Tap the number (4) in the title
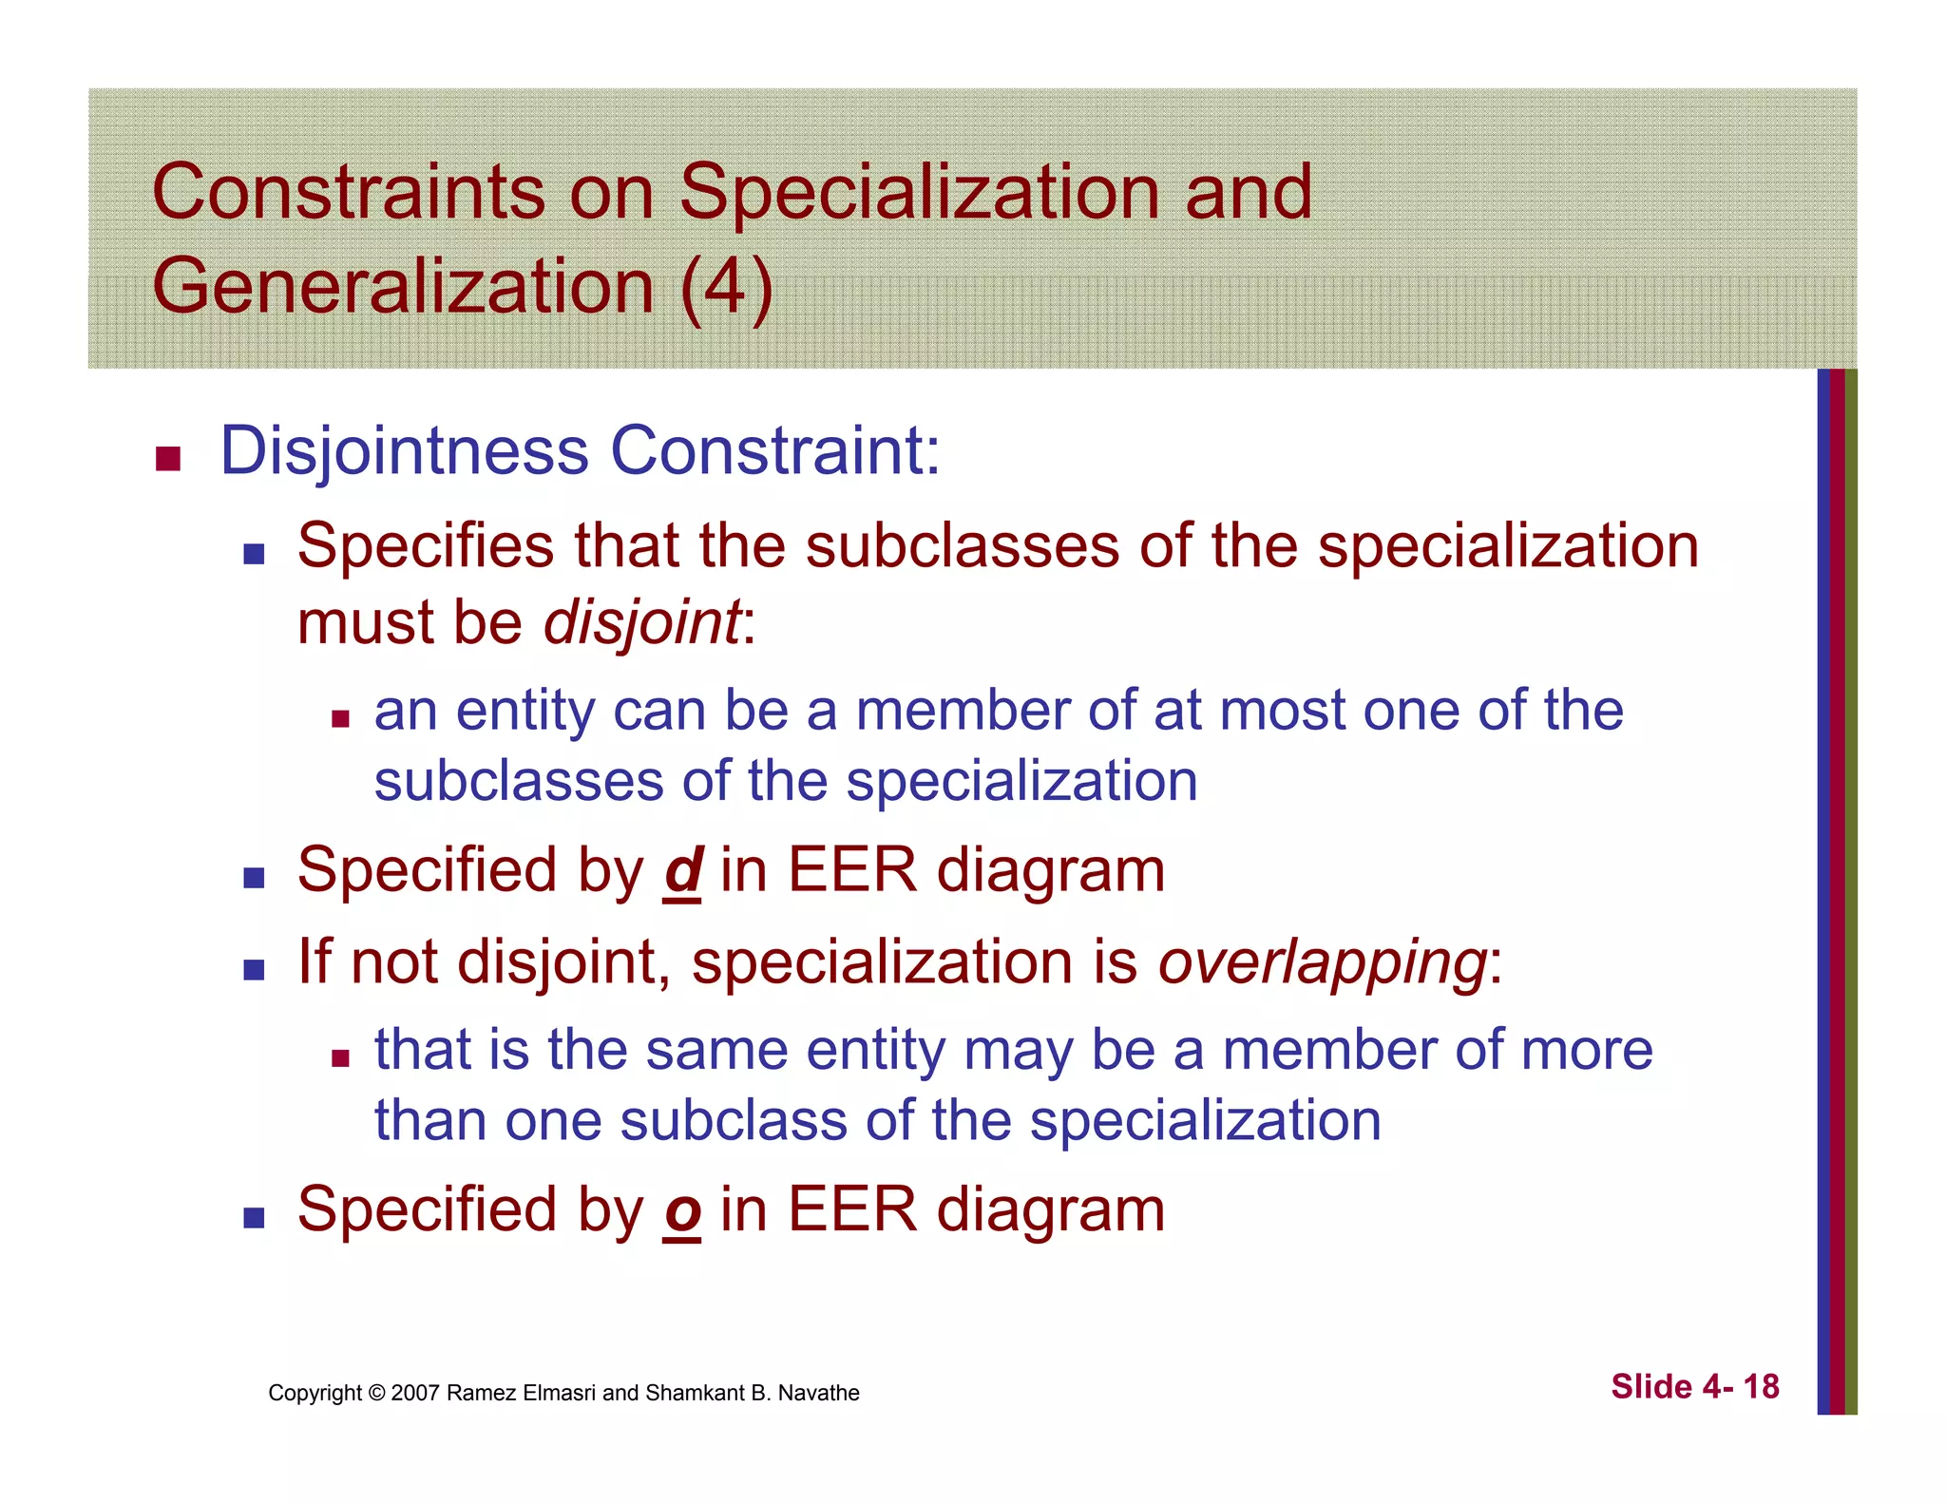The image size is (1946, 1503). (726, 287)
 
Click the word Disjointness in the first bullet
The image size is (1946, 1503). (404, 451)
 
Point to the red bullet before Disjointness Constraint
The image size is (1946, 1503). (168, 459)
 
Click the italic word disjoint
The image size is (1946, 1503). (641, 624)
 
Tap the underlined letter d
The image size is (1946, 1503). (682, 870)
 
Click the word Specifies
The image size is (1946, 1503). (425, 547)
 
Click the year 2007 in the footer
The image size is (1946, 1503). (415, 1394)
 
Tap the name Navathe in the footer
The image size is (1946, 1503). (818, 1394)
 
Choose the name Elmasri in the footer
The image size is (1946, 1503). (563, 1394)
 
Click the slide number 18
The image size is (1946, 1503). (1761, 1387)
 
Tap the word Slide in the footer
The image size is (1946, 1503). (1651, 1387)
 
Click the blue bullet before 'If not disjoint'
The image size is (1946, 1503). (254, 970)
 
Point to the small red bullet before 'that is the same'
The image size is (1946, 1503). (340, 1058)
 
